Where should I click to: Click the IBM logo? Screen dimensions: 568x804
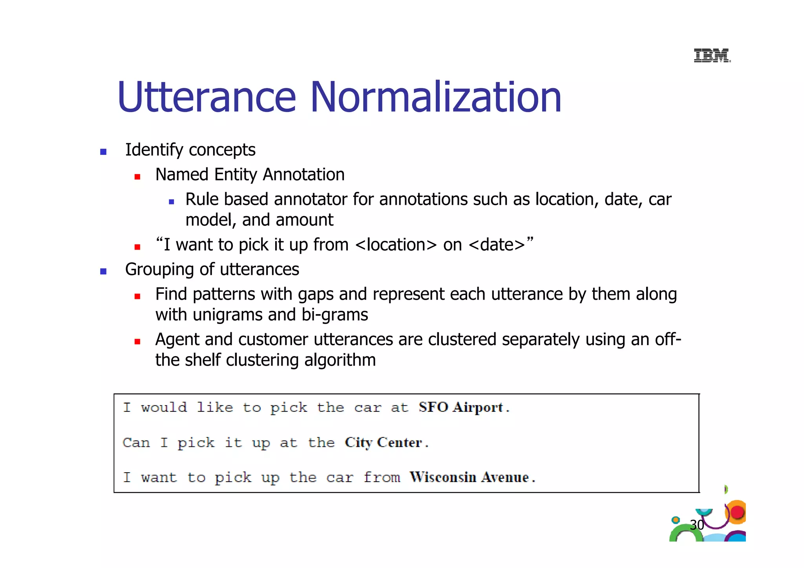tap(712, 55)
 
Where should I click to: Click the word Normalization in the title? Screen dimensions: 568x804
tap(436, 97)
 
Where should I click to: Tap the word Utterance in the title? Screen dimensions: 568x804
tap(206, 97)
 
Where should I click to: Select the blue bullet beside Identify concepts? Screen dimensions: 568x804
tap(103, 152)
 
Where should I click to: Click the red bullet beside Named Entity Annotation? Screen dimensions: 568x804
tap(137, 177)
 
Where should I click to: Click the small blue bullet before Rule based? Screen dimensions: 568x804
tap(171, 202)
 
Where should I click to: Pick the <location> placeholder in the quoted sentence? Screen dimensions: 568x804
tap(396, 245)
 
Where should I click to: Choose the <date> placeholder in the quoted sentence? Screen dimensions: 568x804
tap(497, 245)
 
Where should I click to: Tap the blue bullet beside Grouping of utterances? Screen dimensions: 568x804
tap(103, 271)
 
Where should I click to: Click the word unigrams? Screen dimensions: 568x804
tap(228, 315)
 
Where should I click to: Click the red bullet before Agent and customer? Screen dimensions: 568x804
tap(137, 342)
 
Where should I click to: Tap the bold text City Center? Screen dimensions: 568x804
tap(384, 442)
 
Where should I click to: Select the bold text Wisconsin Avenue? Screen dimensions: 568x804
tap(469, 477)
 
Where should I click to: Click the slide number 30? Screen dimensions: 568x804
tap(697, 525)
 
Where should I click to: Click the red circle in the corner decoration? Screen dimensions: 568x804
tap(738, 512)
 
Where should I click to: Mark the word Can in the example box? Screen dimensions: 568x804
tap(136, 443)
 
